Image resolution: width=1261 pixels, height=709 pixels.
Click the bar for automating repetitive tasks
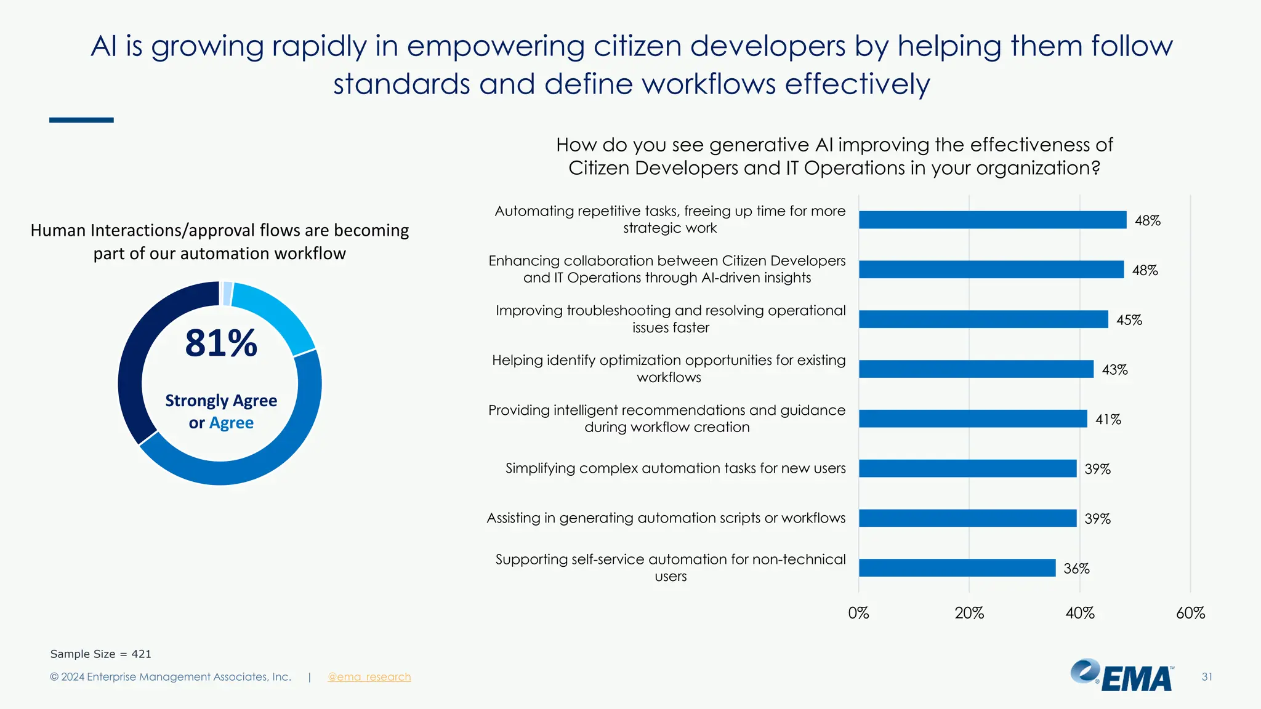point(992,220)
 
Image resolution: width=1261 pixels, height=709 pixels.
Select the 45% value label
point(1129,320)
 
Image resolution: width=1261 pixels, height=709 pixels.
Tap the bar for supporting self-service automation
point(957,567)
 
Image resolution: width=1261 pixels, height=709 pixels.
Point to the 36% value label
point(1076,569)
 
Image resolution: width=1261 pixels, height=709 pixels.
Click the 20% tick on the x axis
point(969,613)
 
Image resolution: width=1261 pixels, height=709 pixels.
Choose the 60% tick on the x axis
point(1190,613)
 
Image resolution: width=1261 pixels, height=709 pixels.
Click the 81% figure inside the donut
point(221,343)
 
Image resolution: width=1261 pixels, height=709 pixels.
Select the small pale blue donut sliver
point(227,294)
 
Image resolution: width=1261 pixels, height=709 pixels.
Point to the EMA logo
point(1122,676)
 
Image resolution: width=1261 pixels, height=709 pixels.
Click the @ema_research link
point(369,677)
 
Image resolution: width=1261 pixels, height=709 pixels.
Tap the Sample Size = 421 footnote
point(100,654)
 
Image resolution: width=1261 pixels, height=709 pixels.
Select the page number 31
point(1206,677)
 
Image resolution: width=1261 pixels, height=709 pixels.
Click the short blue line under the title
point(81,120)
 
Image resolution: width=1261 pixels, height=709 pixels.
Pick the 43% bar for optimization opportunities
point(976,369)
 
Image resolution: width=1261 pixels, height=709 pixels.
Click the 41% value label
point(1108,420)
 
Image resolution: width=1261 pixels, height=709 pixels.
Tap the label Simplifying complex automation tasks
point(675,468)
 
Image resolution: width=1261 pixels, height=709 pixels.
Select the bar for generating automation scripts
point(967,518)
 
